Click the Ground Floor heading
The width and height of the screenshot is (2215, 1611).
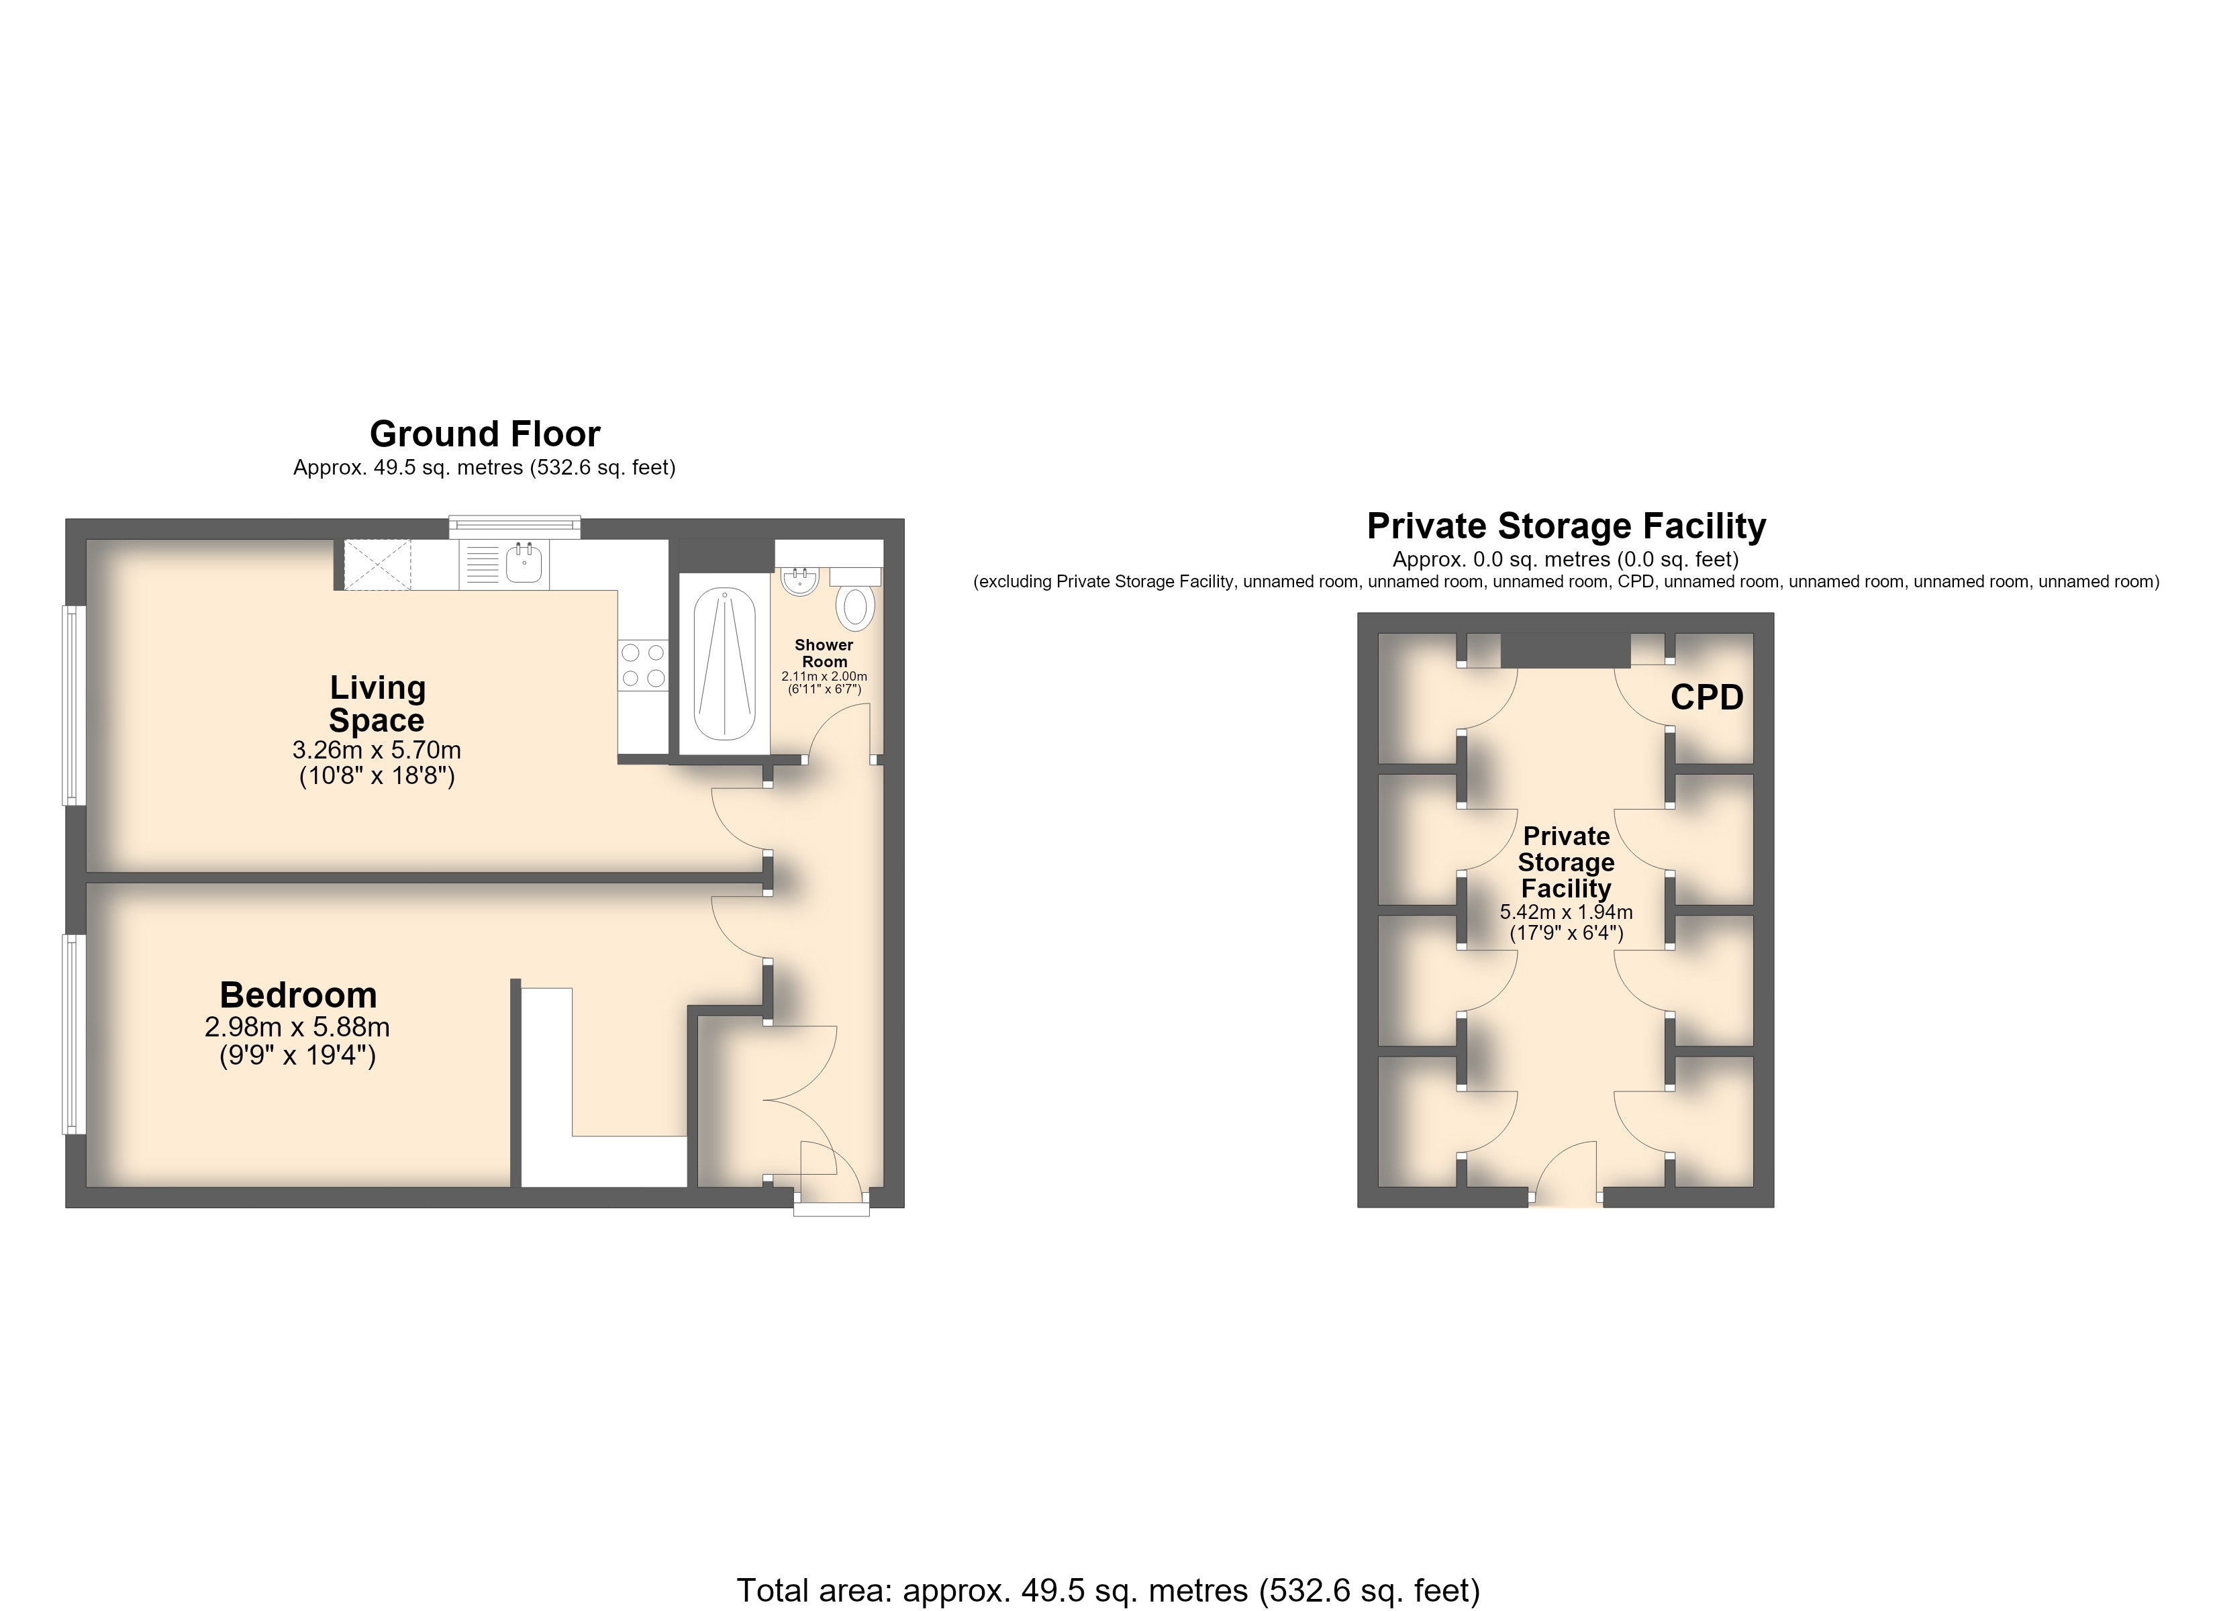[485, 434]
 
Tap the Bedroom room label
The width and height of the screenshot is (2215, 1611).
[298, 995]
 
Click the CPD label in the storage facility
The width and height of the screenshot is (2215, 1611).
[1707, 697]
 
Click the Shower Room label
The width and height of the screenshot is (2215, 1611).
[824, 652]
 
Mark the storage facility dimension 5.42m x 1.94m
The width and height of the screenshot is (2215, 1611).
[1565, 912]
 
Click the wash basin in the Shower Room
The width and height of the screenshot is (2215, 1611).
[800, 582]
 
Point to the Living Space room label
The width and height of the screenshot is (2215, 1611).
[377, 703]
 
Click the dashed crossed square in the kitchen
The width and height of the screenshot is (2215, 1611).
[377, 565]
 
